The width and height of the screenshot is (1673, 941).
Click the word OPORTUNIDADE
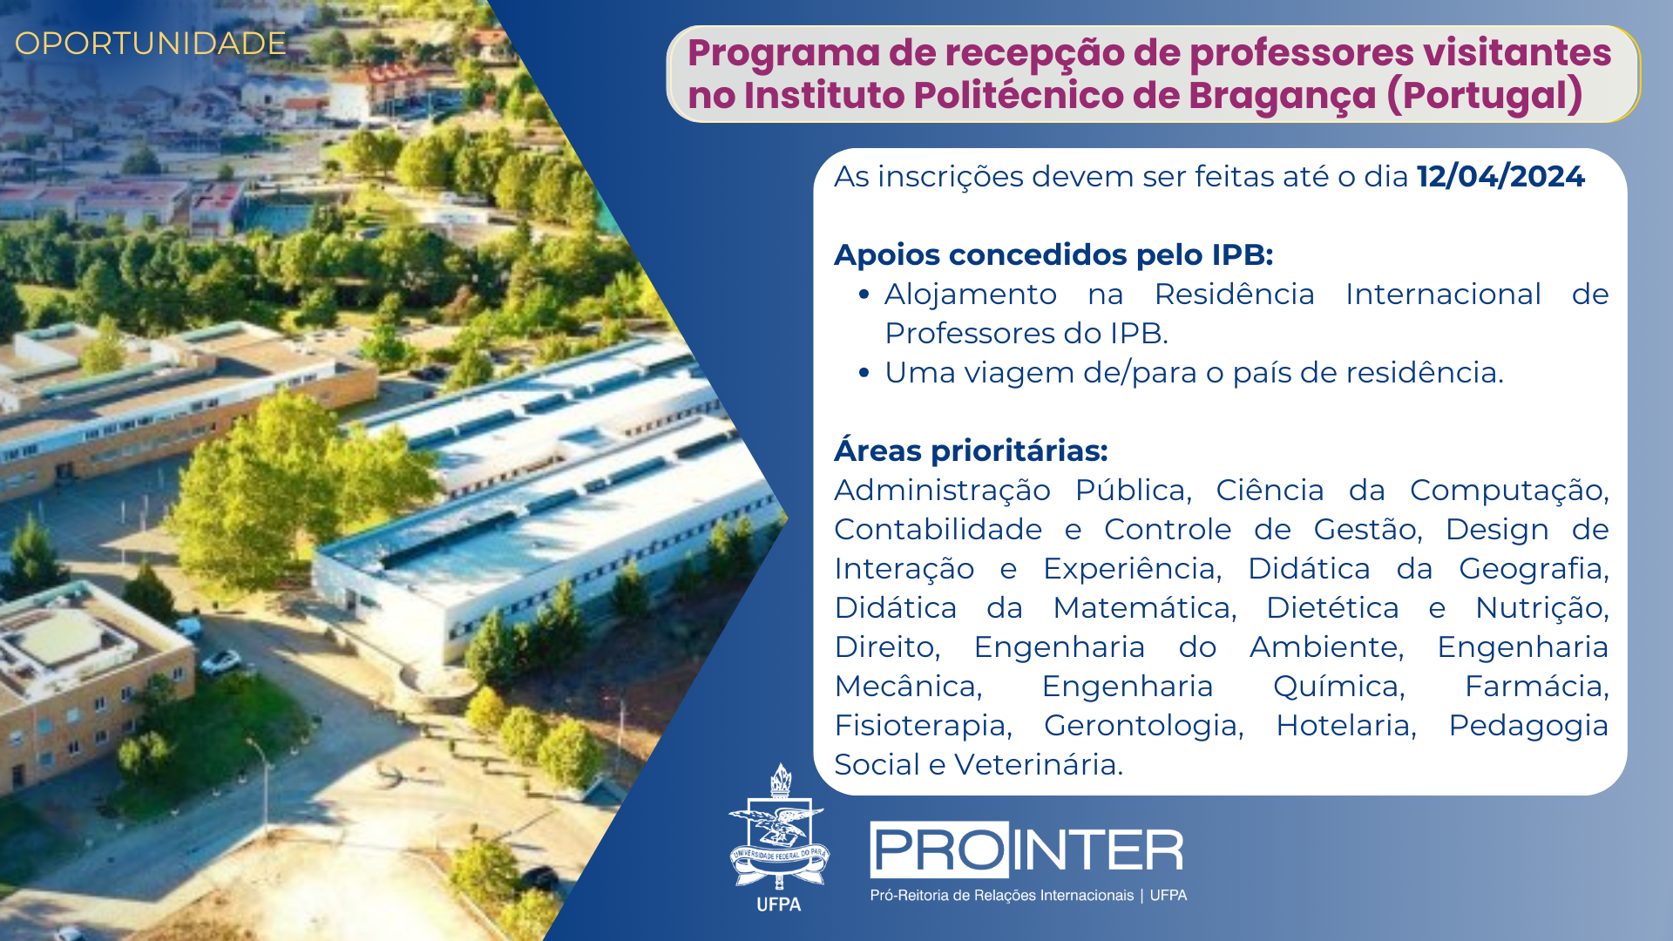[150, 44]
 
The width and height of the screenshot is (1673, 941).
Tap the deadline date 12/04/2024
[1500, 176]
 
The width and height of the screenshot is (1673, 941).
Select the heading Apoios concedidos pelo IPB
[1053, 254]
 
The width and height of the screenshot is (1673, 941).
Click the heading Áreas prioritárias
[971, 450]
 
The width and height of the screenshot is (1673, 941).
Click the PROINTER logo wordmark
[1026, 850]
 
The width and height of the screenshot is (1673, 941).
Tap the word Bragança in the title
[1283, 95]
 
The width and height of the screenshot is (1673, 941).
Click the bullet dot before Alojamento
[864, 294]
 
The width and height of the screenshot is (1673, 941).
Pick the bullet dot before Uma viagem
[864, 373]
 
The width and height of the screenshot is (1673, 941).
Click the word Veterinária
[1039, 764]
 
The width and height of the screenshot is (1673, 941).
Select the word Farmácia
[1537, 686]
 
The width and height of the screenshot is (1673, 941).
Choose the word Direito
[887, 647]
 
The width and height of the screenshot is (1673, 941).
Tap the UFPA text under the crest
[779, 904]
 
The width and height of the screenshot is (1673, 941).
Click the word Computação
[1509, 490]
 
